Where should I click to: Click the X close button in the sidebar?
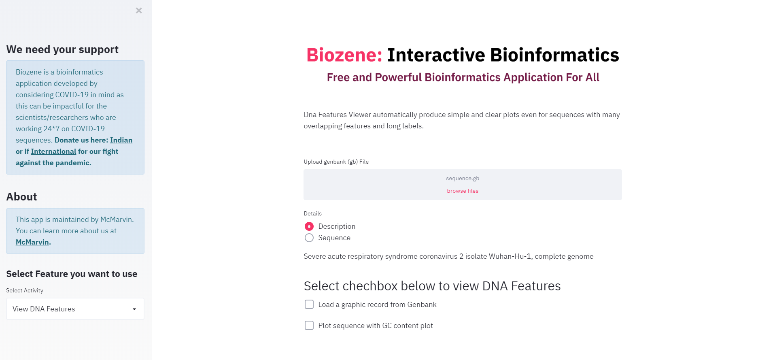(x=139, y=11)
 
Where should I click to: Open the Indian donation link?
(x=121, y=140)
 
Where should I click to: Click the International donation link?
(x=53, y=151)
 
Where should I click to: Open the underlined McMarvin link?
(x=32, y=242)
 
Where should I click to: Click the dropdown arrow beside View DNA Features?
(x=134, y=309)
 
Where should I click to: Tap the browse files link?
(x=463, y=191)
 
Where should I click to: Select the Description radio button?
(x=309, y=226)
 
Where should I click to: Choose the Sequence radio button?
(x=309, y=238)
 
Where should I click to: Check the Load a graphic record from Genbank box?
(x=309, y=305)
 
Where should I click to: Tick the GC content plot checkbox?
(x=309, y=326)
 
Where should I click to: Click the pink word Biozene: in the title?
(x=344, y=55)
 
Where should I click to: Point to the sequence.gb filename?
(x=463, y=179)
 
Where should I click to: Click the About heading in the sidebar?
(x=22, y=197)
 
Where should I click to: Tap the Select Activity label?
(x=25, y=291)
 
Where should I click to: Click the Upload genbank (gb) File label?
(x=336, y=162)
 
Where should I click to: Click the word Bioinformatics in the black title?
(x=555, y=55)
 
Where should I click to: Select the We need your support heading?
(x=63, y=49)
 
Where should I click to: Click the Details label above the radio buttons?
(x=313, y=214)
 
